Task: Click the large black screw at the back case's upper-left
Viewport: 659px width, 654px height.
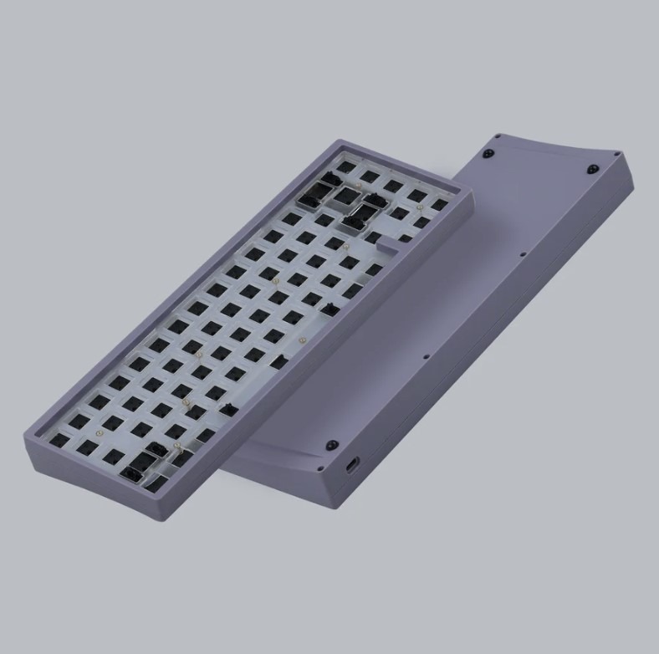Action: (488, 153)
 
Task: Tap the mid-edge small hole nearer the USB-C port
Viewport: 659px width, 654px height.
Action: (426, 356)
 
